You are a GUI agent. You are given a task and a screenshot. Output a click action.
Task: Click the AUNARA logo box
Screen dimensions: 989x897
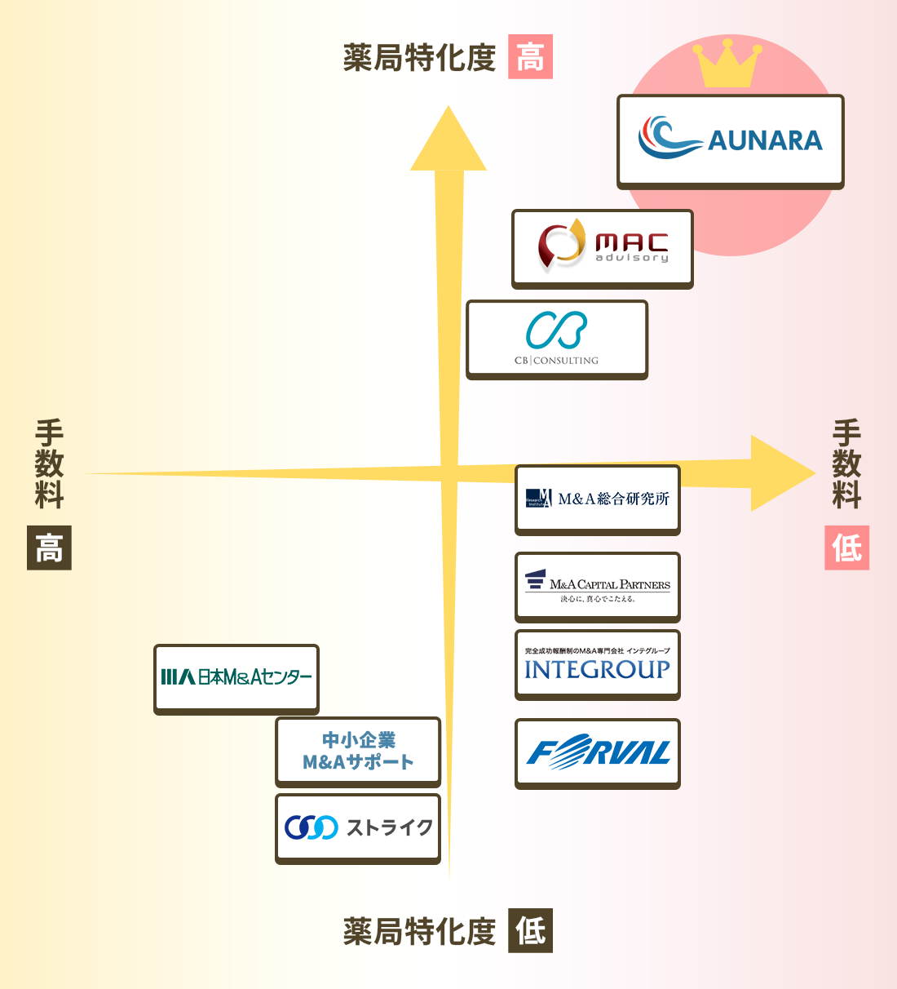[x=730, y=140]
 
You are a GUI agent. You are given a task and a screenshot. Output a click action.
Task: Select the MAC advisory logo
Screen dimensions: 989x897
[x=602, y=247]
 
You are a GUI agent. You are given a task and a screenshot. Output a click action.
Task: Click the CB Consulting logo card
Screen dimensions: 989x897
[x=556, y=338]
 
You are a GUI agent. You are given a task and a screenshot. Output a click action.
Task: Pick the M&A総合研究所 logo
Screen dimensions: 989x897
[x=597, y=499]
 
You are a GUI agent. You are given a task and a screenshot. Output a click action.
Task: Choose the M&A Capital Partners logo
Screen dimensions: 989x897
[x=597, y=587]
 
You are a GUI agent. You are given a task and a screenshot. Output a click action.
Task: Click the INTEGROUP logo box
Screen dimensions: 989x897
[x=597, y=663]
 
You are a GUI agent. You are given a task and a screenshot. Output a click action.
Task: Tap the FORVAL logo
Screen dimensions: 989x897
[x=597, y=752]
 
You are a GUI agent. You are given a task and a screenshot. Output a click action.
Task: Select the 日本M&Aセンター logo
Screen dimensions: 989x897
[x=236, y=678]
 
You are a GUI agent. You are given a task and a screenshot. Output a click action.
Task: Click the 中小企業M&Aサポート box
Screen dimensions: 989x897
[x=357, y=751]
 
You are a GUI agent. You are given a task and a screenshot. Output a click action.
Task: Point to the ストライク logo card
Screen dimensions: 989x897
[x=357, y=827]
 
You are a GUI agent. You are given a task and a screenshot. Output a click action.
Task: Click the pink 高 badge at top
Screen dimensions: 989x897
[x=530, y=57]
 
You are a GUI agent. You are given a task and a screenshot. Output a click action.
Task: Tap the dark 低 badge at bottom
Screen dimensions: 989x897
[x=530, y=930]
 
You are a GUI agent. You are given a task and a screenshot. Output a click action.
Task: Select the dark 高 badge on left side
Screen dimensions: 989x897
[x=49, y=548]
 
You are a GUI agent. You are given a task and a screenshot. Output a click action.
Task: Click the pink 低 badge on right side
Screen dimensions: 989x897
[x=846, y=548]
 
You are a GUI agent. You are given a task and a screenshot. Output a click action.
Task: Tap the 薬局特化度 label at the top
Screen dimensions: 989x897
[x=419, y=58]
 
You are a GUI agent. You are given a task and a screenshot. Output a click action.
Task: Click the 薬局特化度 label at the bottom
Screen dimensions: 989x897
[x=419, y=931]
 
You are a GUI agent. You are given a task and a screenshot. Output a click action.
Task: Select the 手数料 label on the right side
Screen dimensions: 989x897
[x=846, y=463]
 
